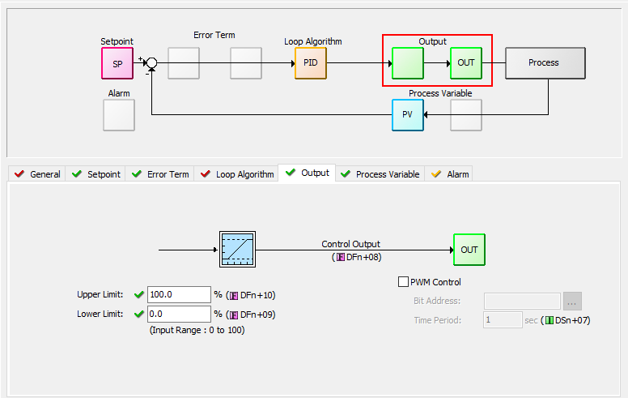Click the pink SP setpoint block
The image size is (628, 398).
point(117,63)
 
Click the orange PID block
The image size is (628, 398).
point(311,63)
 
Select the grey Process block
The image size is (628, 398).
point(545,63)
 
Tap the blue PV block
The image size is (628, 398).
point(408,115)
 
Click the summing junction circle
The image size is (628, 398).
point(151,63)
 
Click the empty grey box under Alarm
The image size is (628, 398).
point(119,115)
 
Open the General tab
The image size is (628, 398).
point(38,174)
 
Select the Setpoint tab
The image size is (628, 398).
point(96,174)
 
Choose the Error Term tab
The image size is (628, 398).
point(160,174)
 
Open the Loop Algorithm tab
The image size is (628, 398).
point(237,174)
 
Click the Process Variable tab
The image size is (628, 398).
point(380,174)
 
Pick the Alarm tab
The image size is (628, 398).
point(450,174)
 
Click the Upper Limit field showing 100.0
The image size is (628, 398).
point(179,295)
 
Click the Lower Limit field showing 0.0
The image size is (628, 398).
point(179,314)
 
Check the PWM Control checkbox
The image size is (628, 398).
point(404,282)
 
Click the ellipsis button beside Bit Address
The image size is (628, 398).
point(572,301)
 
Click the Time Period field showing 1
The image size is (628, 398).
point(503,320)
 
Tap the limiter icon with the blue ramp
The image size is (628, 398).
point(237,250)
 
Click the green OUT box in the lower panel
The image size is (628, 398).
point(469,250)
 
